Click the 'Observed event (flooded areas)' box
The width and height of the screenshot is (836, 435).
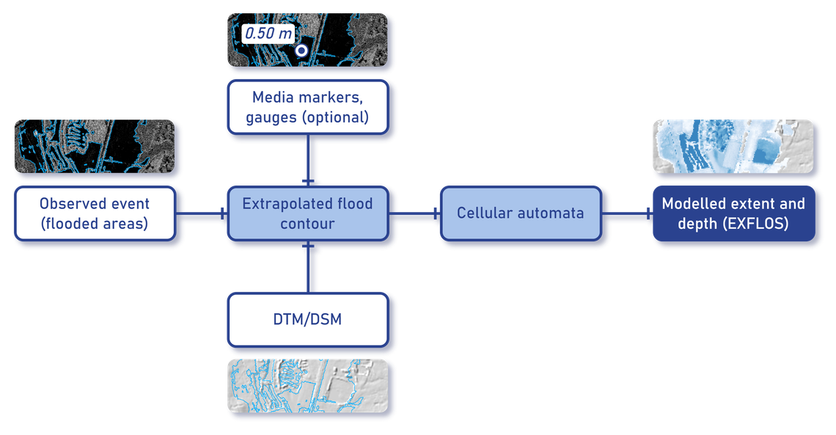pyautogui.click(x=94, y=213)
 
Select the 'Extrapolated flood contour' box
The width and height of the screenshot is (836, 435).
pyautogui.click(x=307, y=213)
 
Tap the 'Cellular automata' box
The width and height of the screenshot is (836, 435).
pyautogui.click(x=520, y=213)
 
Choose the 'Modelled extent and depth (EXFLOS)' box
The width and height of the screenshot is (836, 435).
pyautogui.click(x=733, y=213)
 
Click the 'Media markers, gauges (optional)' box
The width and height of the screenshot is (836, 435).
pyautogui.click(x=307, y=106)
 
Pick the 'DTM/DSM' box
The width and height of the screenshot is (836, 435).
pyautogui.click(x=307, y=319)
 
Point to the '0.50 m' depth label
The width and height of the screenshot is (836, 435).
pyautogui.click(x=268, y=34)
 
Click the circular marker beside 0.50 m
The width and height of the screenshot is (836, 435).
pyautogui.click(x=301, y=51)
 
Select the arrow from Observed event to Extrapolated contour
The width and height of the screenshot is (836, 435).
pyautogui.click(x=201, y=213)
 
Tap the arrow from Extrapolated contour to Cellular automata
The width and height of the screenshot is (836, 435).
pyautogui.click(x=414, y=213)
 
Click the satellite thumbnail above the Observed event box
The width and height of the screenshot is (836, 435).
pyautogui.click(x=94, y=147)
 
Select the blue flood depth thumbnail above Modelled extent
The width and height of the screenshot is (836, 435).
pyautogui.click(x=733, y=147)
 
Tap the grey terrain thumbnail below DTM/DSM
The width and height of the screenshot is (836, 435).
pyautogui.click(x=307, y=387)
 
